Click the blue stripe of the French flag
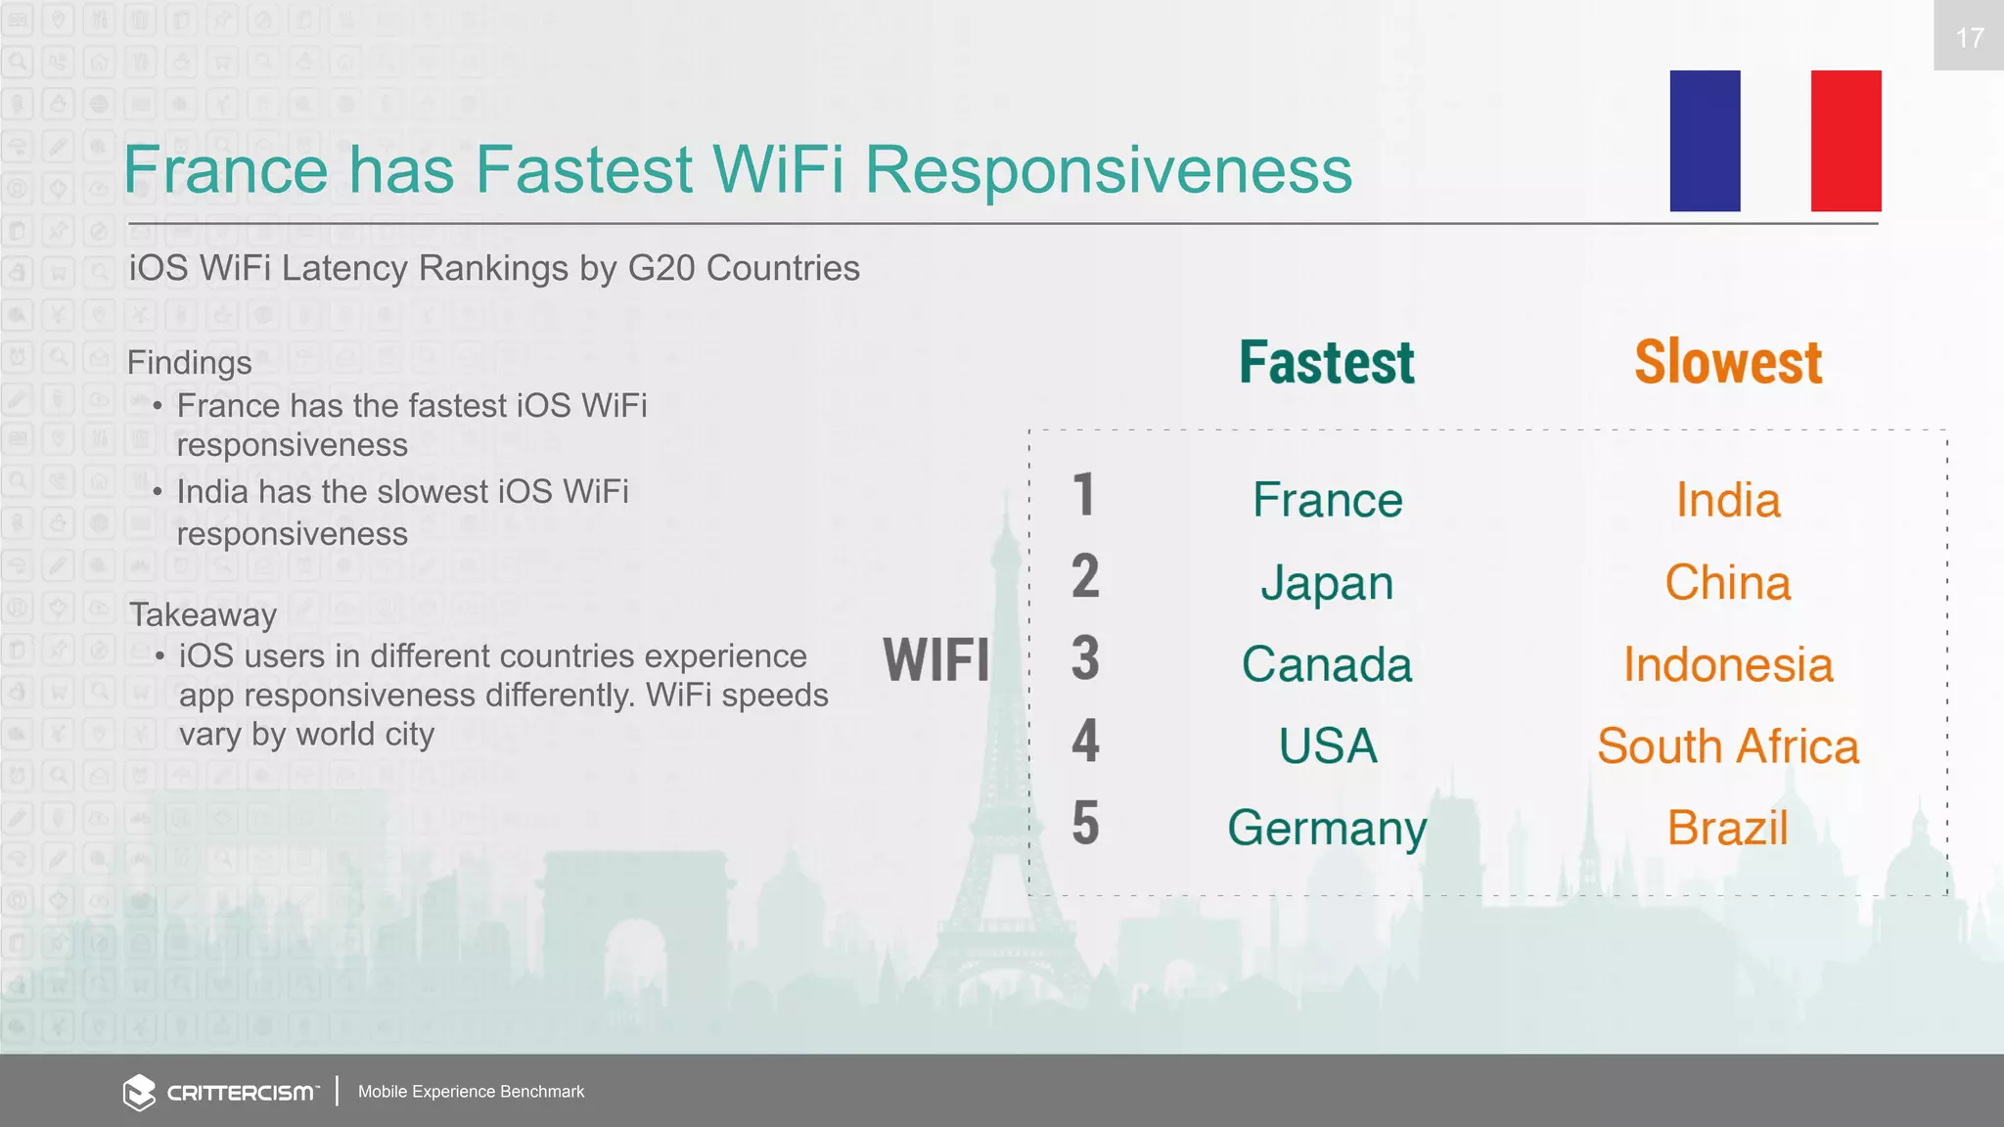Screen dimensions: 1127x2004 pyautogui.click(x=1705, y=141)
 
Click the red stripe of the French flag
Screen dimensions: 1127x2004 pyautogui.click(x=1845, y=141)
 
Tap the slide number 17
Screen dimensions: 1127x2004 pyautogui.click(x=1969, y=37)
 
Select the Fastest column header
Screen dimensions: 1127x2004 pyautogui.click(x=1326, y=362)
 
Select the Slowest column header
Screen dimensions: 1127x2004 pyautogui.click(x=1728, y=362)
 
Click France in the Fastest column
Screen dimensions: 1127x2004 pyautogui.click(x=1328, y=500)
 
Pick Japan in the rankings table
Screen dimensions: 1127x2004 pyautogui.click(x=1327, y=583)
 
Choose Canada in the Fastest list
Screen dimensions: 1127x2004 pyautogui.click(x=1327, y=664)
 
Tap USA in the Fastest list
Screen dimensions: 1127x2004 pyautogui.click(x=1328, y=746)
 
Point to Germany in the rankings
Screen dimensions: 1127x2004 pyautogui.click(x=1327, y=829)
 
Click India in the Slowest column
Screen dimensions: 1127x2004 pyautogui.click(x=1728, y=500)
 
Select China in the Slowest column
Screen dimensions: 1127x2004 pyautogui.click(x=1728, y=583)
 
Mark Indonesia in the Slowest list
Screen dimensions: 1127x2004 pyautogui.click(x=1728, y=664)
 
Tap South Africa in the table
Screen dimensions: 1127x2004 pyautogui.click(x=1728, y=746)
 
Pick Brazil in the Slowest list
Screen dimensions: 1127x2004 pyautogui.click(x=1728, y=829)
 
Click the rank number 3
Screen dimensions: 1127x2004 pyautogui.click(x=1085, y=658)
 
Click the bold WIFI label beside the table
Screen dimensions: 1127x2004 pyautogui.click(x=935, y=659)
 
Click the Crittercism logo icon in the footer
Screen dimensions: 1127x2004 pyautogui.click(x=139, y=1092)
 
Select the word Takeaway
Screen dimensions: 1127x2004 pyautogui.click(x=203, y=615)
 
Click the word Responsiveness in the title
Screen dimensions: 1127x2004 pyautogui.click(x=1108, y=170)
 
